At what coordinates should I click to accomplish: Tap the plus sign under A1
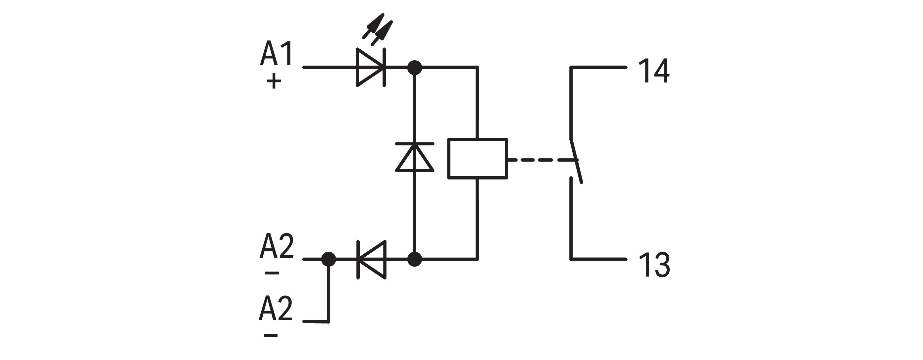274,81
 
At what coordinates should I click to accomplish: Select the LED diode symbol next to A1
371,67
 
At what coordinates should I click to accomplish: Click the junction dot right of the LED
415,67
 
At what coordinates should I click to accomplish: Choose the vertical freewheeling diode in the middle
415,157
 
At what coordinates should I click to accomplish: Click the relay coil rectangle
478,158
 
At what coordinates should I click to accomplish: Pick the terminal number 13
654,265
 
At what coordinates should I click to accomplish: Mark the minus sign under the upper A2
272,273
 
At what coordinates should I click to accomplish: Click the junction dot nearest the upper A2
329,259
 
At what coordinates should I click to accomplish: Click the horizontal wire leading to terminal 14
598,67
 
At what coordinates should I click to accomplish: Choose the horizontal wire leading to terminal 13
598,259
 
